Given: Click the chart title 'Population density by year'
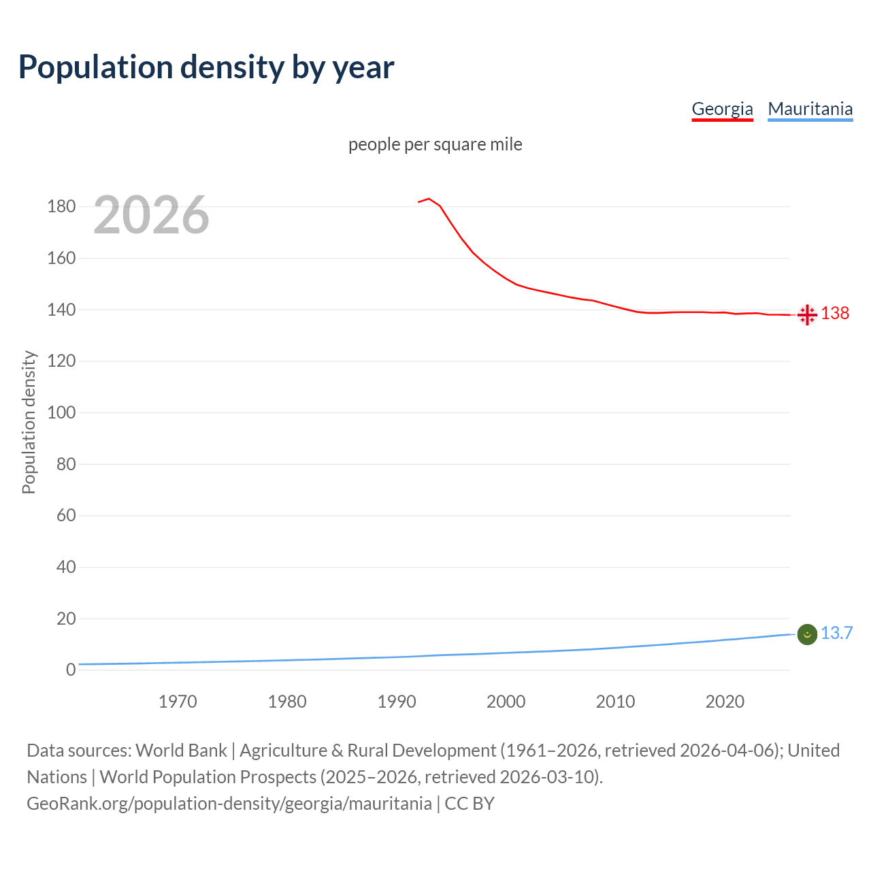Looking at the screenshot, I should [206, 67].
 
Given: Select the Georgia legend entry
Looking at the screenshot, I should [722, 109].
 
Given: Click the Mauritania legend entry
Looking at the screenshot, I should [810, 109].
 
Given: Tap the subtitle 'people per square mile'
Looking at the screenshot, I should [435, 144].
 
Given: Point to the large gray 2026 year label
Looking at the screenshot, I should [151, 215].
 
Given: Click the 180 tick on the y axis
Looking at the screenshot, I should [61, 206].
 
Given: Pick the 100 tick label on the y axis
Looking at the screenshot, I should [61, 412].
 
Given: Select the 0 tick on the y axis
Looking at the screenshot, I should [71, 670].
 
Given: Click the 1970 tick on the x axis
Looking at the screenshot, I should [178, 702].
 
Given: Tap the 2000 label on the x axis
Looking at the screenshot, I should [506, 702].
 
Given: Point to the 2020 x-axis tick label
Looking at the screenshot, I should [725, 702].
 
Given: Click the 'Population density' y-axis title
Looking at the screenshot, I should [29, 422].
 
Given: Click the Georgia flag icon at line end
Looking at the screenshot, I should [807, 314].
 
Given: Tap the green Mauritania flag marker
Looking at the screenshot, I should [807, 634].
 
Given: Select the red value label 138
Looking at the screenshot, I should [835, 313].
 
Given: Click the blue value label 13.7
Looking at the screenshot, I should [836, 633].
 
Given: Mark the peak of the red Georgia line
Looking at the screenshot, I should [429, 199].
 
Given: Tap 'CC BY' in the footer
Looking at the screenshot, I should [470, 804].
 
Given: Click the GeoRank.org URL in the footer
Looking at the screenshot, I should [229, 804].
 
